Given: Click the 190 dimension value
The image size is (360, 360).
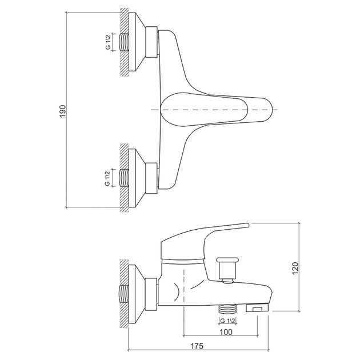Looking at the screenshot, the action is (63, 111).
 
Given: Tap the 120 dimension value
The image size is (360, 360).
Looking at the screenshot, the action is (295, 267).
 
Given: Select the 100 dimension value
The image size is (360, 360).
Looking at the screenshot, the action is (226, 332).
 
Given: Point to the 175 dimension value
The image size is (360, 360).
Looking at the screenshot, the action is (197, 346).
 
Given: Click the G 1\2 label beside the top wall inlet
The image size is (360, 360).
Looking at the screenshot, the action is (108, 42).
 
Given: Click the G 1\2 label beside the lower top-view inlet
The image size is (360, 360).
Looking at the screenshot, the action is (107, 178).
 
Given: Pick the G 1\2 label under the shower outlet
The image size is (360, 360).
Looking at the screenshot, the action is (228, 321).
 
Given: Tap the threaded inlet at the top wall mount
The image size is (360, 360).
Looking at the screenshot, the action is (124, 42).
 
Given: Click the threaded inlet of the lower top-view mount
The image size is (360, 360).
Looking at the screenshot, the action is (124, 178).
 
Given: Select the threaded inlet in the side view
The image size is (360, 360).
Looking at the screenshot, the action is (124, 294).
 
